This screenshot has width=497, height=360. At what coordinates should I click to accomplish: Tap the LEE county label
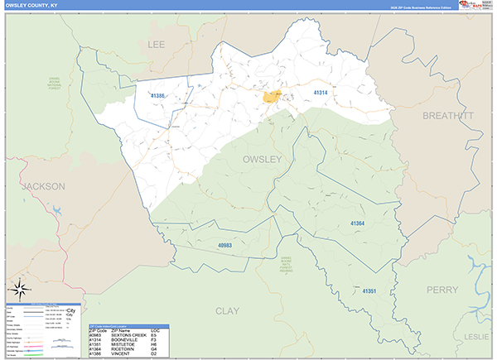[157, 44]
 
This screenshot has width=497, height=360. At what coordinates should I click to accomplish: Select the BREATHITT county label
[447, 116]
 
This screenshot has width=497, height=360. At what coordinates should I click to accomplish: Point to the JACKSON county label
[43, 187]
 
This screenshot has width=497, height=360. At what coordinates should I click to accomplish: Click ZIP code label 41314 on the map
[321, 93]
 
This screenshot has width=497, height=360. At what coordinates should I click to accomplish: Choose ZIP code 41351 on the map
[369, 291]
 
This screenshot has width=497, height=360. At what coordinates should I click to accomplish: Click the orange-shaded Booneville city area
[272, 97]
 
